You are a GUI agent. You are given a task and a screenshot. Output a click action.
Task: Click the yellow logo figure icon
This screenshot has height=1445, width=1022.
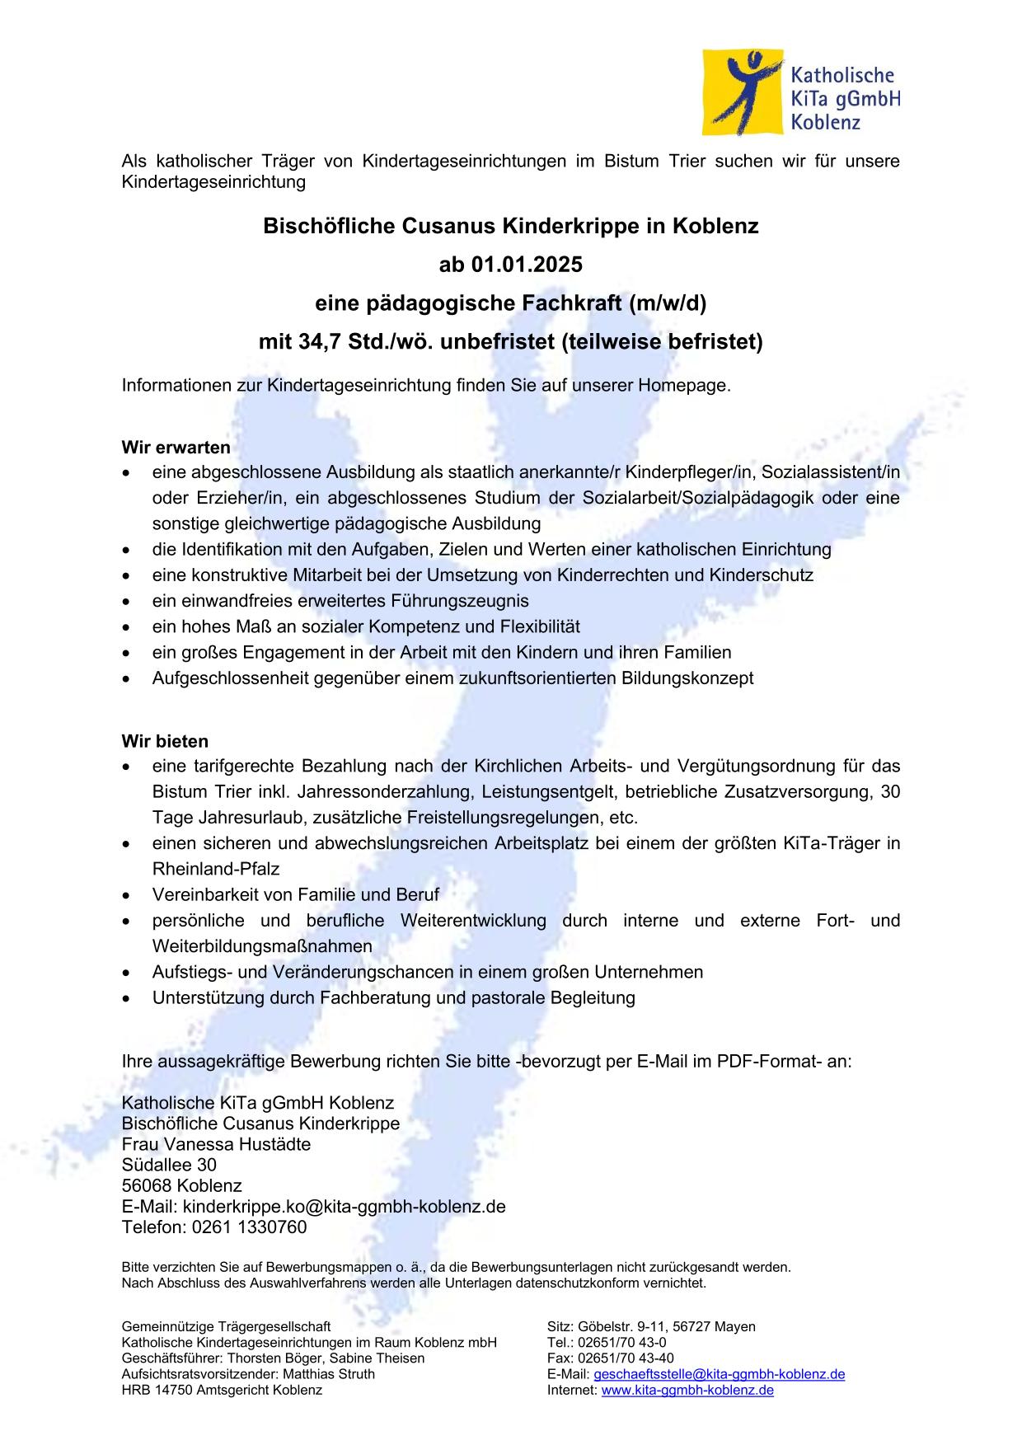pyautogui.click(x=743, y=91)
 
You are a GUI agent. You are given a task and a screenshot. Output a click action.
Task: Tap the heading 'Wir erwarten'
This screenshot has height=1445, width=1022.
pyautogui.click(x=176, y=448)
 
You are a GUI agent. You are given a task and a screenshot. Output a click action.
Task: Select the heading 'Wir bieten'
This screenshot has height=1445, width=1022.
pyautogui.click(x=165, y=741)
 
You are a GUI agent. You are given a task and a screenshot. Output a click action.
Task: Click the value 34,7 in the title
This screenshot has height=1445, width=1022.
pyautogui.click(x=310, y=341)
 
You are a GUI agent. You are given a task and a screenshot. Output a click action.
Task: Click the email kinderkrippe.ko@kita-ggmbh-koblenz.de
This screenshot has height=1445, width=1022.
pyautogui.click(x=344, y=1207)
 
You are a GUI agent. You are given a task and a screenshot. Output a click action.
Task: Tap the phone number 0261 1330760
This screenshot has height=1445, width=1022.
pyautogui.click(x=249, y=1227)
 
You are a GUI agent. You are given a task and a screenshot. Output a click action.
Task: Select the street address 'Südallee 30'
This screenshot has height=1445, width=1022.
pyautogui.click(x=169, y=1165)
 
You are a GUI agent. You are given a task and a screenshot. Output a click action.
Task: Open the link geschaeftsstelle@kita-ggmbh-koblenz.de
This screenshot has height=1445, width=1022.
pyautogui.click(x=719, y=1374)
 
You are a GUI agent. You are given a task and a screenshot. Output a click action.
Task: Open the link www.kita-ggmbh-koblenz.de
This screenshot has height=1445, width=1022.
pyautogui.click(x=687, y=1390)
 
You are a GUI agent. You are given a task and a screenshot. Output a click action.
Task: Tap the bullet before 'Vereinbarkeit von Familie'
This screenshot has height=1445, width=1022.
pyautogui.click(x=126, y=895)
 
